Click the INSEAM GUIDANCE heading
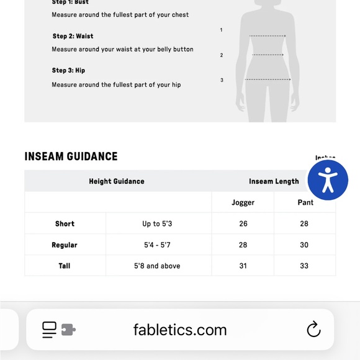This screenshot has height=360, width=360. pos(71,156)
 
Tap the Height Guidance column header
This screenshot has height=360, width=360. pos(117,181)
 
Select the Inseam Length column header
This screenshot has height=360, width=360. pos(274,181)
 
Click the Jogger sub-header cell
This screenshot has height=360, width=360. pos(243,202)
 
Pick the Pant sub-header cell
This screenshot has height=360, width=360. pos(305,202)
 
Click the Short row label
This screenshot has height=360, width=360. pos(65,223)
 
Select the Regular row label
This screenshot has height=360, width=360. pos(65,245)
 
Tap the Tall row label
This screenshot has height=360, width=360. pos(65,266)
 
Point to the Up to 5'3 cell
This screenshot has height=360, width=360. pos(157,223)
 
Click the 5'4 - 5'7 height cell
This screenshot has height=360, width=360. pos(157,245)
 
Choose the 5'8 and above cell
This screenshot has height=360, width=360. pos(157,266)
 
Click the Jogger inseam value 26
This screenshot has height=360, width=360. pos(243,223)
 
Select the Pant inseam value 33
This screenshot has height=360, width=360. pos(304,266)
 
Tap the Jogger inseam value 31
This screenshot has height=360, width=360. pos(243,266)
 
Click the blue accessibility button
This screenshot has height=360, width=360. pos(328,180)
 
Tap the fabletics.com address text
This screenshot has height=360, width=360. pos(180,330)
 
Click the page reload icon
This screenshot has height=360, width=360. pos(313,330)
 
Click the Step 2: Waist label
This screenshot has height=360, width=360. pos(73,36)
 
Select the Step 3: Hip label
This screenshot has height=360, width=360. pos(68,71)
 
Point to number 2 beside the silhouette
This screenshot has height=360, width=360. pos(222,55)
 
